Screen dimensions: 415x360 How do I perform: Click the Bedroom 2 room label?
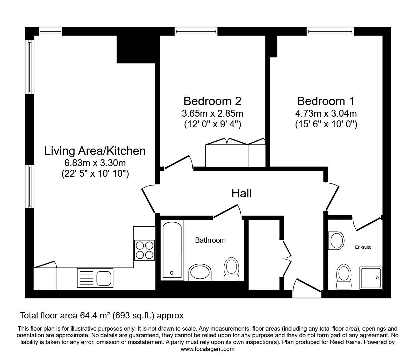coord(212,101)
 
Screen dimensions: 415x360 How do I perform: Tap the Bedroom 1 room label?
coord(326,101)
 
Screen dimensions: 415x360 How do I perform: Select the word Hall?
coord(242,193)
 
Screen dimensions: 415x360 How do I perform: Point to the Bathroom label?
coord(210,240)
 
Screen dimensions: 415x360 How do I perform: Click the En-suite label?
coord(363,247)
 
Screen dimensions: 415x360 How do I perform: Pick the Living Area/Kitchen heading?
coord(95,151)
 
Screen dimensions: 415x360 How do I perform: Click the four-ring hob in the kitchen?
coord(145,250)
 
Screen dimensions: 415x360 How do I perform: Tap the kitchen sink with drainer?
coord(95,278)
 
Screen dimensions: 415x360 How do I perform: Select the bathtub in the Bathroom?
coord(172,251)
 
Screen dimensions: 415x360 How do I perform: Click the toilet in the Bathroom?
coord(231,269)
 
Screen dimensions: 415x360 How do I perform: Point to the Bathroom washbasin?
coord(200,272)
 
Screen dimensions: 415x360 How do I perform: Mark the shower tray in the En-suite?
coord(371,278)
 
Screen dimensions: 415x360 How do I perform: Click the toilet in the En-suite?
coord(344,277)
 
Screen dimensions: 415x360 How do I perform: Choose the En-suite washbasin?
coord(336,241)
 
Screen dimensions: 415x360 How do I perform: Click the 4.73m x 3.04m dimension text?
coord(326,114)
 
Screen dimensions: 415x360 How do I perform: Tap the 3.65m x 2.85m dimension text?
coord(212,114)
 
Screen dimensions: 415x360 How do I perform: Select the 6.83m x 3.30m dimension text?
coord(95,163)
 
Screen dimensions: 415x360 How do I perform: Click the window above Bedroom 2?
coord(196,32)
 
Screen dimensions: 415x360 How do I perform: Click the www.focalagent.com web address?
coord(207,349)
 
